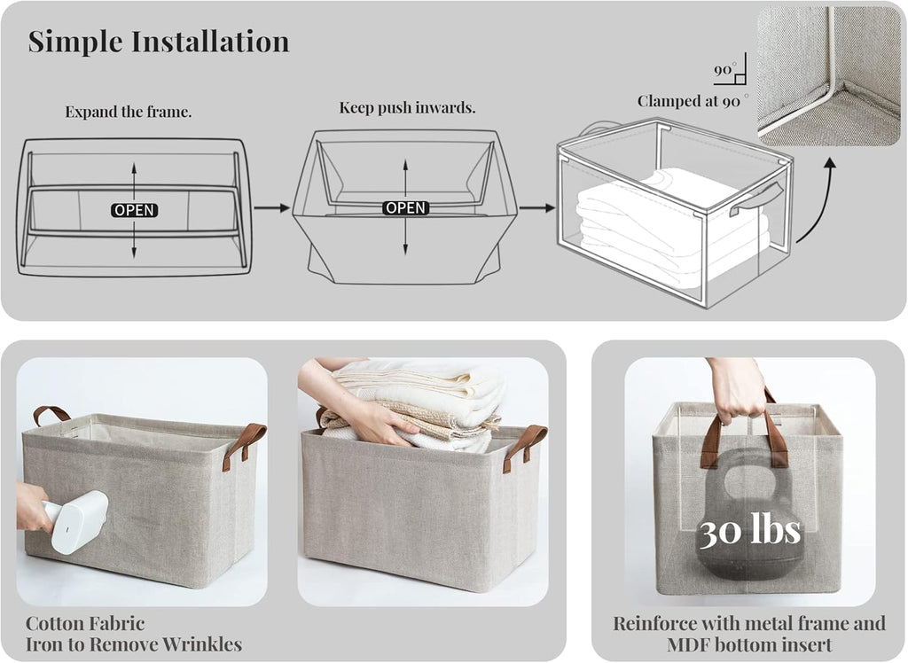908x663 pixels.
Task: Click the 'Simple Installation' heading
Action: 159,42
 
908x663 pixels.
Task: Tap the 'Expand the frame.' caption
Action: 129,112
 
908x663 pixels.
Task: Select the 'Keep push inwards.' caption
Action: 407,108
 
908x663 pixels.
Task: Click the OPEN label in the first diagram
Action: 135,210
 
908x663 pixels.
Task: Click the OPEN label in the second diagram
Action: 405,208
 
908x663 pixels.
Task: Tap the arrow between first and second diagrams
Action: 271,208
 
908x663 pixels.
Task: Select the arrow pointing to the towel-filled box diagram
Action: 537,208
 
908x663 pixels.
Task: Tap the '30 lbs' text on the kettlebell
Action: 750,530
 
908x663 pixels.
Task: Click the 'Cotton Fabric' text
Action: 85,624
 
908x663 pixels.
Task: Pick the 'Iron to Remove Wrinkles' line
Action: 134,644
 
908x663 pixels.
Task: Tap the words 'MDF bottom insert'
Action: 749,644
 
